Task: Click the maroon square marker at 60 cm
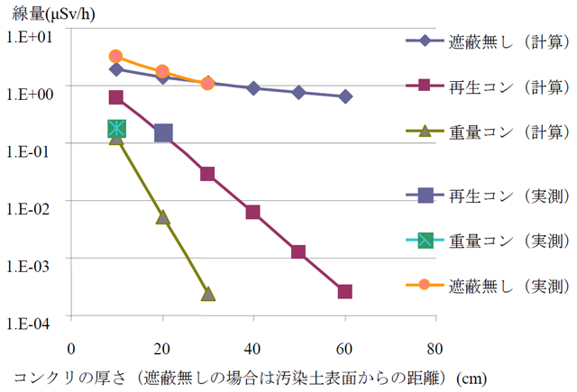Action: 344,292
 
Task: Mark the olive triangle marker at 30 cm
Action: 207,294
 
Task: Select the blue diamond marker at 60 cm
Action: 344,96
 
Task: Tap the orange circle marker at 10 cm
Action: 115,57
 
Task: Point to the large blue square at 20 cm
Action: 163,133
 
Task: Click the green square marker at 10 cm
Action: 116,129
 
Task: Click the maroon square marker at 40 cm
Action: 253,213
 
